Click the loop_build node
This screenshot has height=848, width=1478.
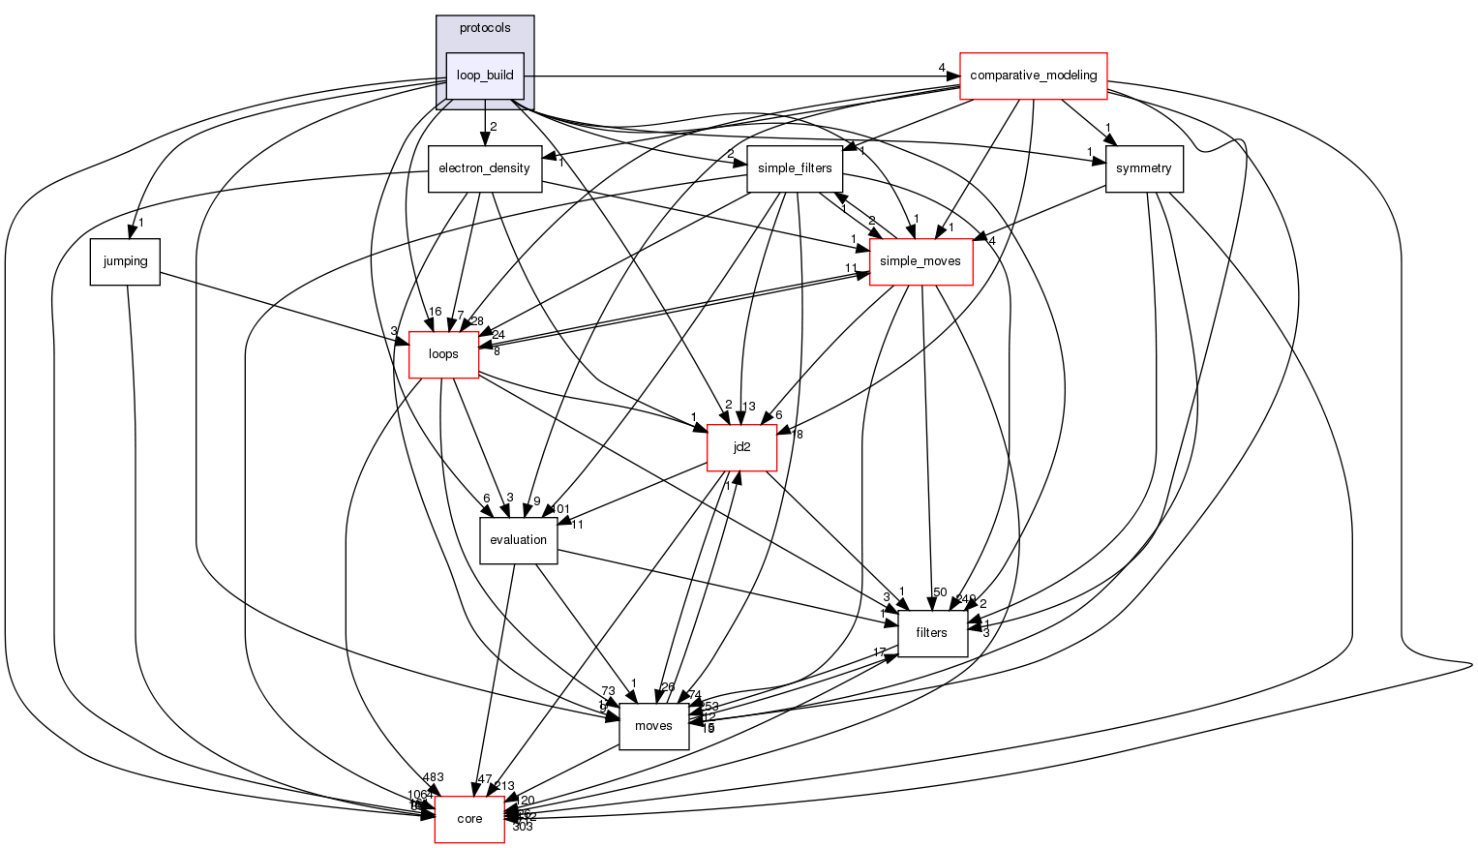coord(485,76)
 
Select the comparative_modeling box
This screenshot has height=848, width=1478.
coord(1033,76)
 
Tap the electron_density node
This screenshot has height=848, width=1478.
coord(484,168)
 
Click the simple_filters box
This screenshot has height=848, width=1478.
coord(795,168)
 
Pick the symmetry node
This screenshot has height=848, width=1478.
coord(1143,168)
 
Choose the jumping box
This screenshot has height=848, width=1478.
coord(125,261)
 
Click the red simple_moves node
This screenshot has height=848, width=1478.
coord(921,261)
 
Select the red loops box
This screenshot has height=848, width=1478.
coord(443,354)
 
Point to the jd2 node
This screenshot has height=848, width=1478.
coord(741,447)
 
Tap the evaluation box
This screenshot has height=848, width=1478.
coord(519,540)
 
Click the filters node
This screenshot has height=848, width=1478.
coord(931,633)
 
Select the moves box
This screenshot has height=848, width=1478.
coord(653,726)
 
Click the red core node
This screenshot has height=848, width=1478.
coord(469,819)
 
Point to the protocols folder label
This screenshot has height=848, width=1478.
coord(485,28)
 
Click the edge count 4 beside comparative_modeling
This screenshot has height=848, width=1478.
coord(941,68)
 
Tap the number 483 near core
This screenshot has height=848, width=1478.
coord(433,778)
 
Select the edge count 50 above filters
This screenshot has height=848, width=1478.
coord(939,591)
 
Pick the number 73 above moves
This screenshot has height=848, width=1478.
coord(608,691)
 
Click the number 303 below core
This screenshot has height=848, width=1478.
coord(523,827)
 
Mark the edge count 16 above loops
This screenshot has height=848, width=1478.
coord(435,312)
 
